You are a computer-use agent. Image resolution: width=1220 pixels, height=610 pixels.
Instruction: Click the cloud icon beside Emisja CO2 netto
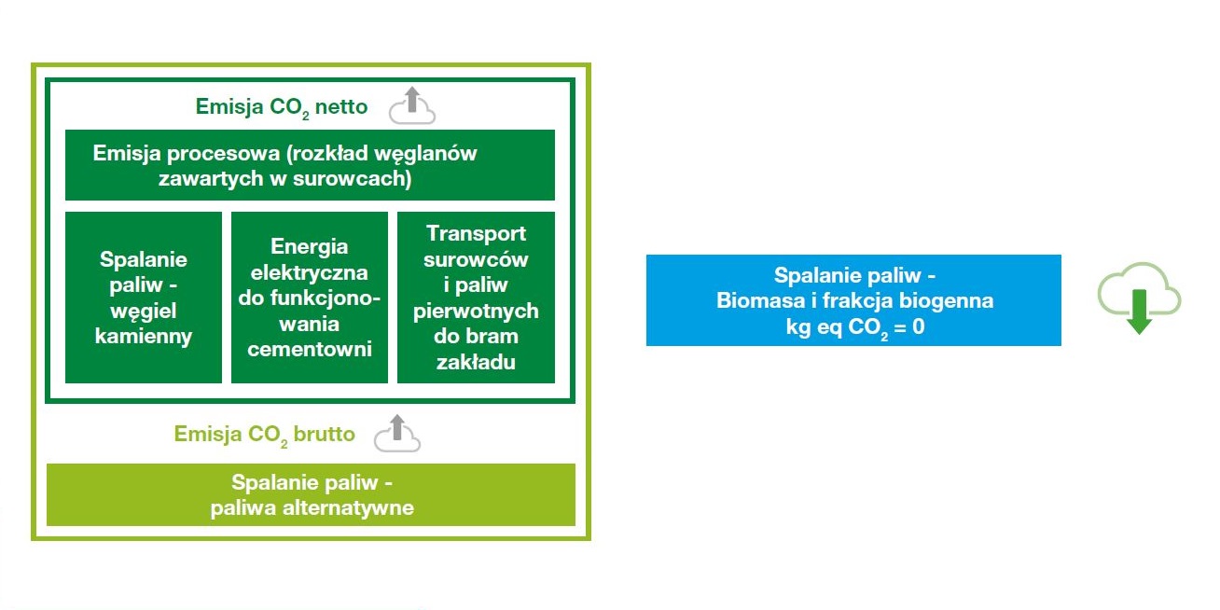(411, 106)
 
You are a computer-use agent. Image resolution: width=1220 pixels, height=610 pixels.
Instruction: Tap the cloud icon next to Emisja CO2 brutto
(397, 434)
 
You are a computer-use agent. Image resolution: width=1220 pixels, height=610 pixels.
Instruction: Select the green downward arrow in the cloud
(1139, 310)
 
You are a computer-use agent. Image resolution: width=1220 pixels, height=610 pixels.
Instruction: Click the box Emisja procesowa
(310, 165)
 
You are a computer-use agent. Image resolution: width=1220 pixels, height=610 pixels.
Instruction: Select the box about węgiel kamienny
(144, 298)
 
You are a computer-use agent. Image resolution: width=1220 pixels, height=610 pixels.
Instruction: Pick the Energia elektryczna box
(310, 298)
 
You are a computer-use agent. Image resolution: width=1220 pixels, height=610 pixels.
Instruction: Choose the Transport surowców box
(476, 298)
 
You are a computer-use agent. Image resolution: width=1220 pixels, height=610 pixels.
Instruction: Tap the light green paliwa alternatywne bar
(311, 495)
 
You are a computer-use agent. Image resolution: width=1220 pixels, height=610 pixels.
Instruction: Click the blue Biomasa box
(853, 300)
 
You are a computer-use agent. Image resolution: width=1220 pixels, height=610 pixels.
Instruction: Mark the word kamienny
(144, 337)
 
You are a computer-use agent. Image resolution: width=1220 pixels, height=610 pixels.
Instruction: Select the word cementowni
(310, 350)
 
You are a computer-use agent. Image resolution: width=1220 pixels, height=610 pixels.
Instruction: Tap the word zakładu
(476, 362)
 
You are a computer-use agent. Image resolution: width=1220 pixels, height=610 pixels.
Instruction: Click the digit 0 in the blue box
(919, 326)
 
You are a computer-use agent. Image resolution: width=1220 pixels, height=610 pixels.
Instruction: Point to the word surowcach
(362, 178)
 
